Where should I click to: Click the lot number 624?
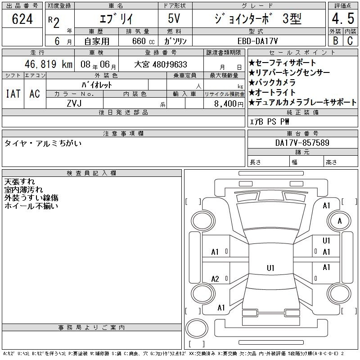pyautogui.click(x=22, y=19)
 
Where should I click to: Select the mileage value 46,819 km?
pyautogui.click(x=49, y=64)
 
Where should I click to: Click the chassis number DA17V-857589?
pyautogui.click(x=302, y=143)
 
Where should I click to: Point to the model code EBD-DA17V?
pyautogui.click(x=257, y=41)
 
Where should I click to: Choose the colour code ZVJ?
pyautogui.click(x=74, y=103)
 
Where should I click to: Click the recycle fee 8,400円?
pyautogui.click(x=229, y=104)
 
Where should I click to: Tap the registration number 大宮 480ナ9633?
pyautogui.click(x=161, y=64)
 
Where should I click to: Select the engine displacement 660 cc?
pyautogui.click(x=143, y=41)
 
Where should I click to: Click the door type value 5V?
pyautogui.click(x=174, y=18)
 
